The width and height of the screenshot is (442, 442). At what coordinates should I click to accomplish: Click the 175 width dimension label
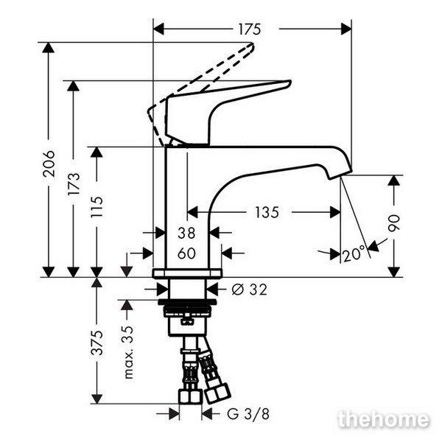250,29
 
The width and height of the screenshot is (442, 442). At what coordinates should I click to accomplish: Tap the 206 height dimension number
49,164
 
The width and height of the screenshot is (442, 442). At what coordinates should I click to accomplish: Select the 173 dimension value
74,183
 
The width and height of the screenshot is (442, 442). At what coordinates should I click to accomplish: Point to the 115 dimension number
97,207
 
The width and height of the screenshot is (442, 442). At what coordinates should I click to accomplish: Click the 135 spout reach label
267,212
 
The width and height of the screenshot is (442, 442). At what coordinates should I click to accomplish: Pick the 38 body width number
186,233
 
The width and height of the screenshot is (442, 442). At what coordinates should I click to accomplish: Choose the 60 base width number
186,253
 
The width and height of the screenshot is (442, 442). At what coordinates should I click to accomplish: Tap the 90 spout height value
394,223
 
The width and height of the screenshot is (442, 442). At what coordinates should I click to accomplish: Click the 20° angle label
354,253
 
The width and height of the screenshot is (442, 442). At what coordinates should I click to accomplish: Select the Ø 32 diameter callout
250,290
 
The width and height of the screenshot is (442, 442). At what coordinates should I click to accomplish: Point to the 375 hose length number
97,343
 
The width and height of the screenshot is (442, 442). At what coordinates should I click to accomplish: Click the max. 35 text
128,352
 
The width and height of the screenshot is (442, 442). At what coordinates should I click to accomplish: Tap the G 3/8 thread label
248,414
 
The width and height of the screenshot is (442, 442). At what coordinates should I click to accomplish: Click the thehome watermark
384,419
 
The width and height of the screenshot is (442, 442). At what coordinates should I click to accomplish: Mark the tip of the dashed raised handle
252,44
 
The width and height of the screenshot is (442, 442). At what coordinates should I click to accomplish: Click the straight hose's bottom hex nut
190,396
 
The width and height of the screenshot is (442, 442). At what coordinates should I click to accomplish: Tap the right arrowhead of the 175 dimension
346,29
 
